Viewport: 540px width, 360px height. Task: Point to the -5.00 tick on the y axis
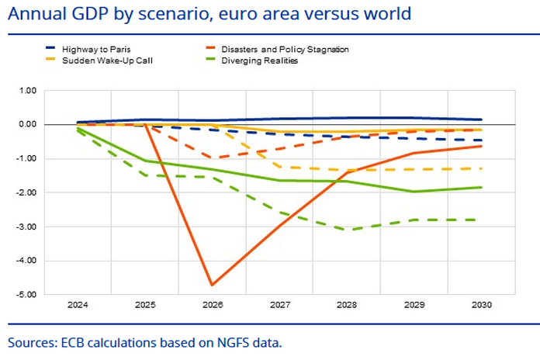click(26, 295)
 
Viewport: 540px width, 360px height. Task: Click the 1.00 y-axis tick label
click(28, 90)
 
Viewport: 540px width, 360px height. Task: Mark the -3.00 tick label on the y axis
click(26, 227)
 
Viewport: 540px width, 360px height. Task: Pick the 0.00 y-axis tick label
click(28, 124)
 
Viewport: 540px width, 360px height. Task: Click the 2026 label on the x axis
click(211, 306)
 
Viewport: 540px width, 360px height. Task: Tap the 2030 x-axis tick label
click(480, 306)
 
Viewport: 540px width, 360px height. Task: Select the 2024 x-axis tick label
click(77, 306)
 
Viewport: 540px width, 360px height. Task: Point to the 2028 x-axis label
click(346, 306)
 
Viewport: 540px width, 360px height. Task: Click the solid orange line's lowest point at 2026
click(211, 285)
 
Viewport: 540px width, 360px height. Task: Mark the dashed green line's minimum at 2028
click(346, 230)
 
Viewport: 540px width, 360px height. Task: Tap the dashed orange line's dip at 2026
click(211, 157)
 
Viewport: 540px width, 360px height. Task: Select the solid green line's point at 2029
click(413, 192)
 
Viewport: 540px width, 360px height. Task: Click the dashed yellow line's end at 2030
click(480, 168)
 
